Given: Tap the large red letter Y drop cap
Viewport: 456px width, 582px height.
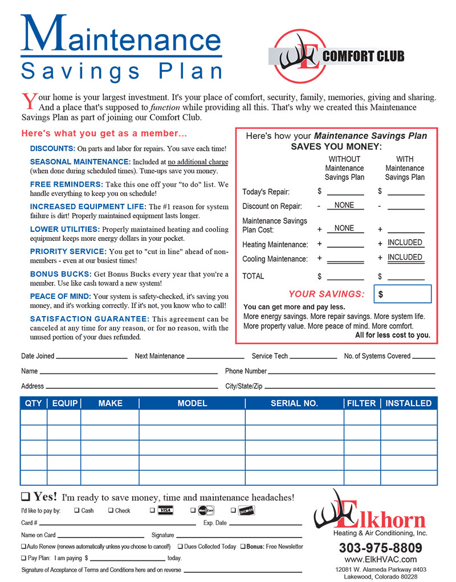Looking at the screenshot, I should pyautogui.click(x=28, y=101).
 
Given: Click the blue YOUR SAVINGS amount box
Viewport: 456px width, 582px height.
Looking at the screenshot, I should pyautogui.click(x=402, y=294).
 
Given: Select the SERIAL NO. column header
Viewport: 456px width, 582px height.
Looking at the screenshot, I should pyautogui.click(x=294, y=403).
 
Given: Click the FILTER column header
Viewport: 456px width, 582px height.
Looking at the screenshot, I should pyautogui.click(x=361, y=403).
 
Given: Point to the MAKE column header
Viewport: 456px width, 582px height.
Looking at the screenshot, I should pyautogui.click(x=110, y=403).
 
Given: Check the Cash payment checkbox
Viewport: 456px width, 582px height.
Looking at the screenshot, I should pyautogui.click(x=77, y=511).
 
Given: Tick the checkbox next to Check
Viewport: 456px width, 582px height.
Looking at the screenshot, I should pyautogui.click(x=111, y=511).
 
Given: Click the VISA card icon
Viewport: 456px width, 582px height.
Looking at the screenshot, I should pyautogui.click(x=165, y=510).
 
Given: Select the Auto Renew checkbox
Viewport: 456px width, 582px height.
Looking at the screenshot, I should pyautogui.click(x=23, y=547).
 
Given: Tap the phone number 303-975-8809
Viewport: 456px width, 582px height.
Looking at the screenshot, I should pyautogui.click(x=380, y=548).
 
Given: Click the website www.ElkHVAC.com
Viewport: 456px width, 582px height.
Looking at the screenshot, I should pyautogui.click(x=380, y=559).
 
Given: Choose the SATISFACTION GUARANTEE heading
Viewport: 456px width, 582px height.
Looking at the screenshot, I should pyautogui.click(x=89, y=319).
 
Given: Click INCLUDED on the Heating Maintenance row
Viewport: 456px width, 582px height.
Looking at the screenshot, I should pyautogui.click(x=405, y=243).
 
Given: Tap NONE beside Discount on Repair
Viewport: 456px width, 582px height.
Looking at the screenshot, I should pyautogui.click(x=344, y=205).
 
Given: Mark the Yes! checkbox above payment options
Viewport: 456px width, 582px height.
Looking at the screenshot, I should pyautogui.click(x=26, y=497).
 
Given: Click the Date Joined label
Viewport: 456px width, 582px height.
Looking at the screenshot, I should pyautogui.click(x=38, y=356).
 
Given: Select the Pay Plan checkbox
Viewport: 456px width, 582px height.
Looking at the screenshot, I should pyautogui.click(x=23, y=558).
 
